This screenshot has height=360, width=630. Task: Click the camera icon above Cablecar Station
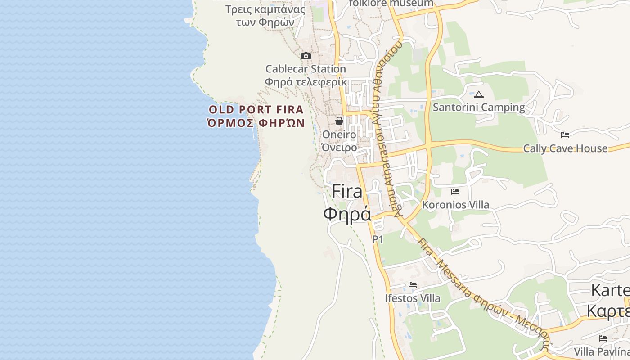(306, 56)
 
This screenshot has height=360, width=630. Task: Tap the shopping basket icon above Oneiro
(339, 121)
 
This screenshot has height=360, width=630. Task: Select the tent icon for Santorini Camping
(479, 95)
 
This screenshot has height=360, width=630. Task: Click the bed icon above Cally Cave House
(565, 135)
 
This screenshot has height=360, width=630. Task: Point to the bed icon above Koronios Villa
(455, 192)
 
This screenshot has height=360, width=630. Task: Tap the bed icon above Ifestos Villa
(412, 285)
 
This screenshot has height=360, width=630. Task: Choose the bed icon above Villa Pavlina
(603, 338)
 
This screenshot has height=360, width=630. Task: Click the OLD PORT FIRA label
(256, 110)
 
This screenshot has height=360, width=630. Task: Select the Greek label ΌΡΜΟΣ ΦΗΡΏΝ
(256, 123)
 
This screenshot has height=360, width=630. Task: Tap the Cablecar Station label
(306, 69)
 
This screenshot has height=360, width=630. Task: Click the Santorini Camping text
(479, 108)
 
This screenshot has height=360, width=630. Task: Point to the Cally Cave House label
(565, 148)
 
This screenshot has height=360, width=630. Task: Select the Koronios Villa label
(455, 205)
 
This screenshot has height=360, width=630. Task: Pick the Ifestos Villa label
(413, 298)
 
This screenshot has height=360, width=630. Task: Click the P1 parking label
(378, 239)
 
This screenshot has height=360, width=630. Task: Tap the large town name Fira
(347, 192)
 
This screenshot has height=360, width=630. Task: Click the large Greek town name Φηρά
(347, 214)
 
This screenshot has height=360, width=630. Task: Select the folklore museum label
(391, 4)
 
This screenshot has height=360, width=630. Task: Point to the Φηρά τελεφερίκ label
(306, 82)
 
